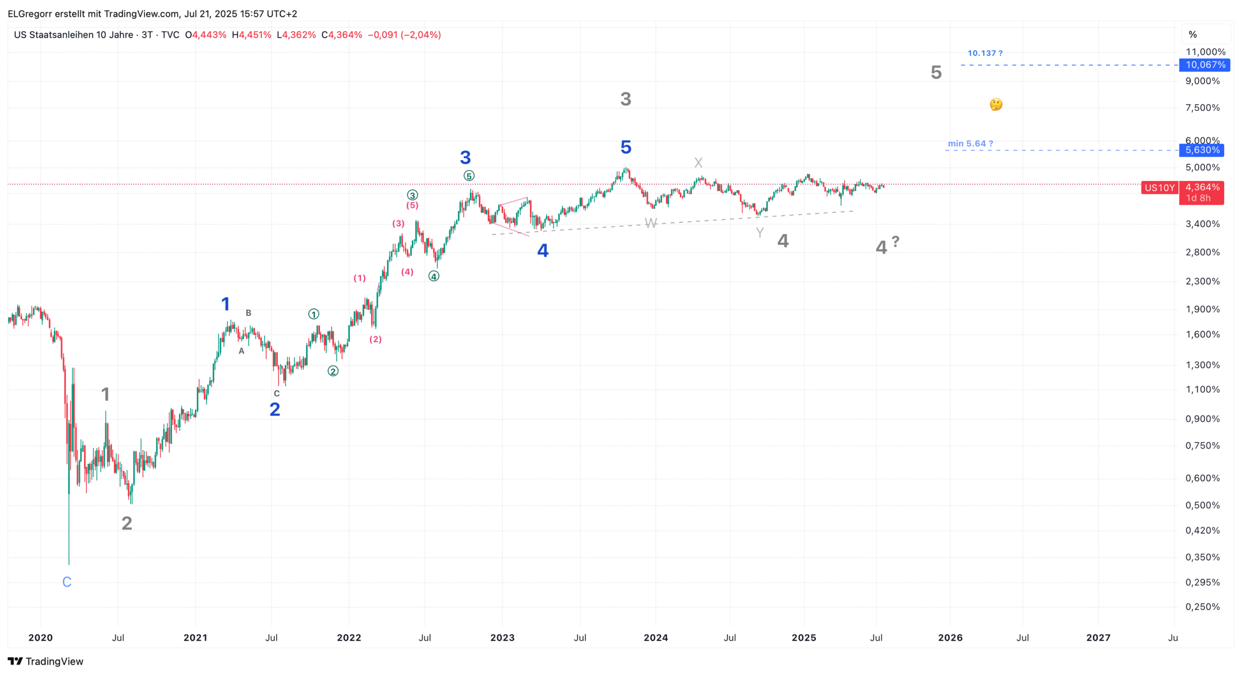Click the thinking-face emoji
click(996, 104)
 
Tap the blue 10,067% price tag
click(1205, 65)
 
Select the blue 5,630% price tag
click(1202, 150)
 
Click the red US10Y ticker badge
click(1160, 188)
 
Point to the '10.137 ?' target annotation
click(985, 53)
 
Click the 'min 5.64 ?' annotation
click(970, 144)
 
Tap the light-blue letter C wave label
click(67, 582)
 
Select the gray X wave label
click(698, 163)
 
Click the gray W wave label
click(650, 224)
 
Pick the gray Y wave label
click(760, 233)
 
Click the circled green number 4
click(434, 276)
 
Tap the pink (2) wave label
click(375, 339)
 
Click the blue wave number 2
click(275, 410)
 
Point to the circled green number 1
click(313, 314)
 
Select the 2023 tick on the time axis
click(502, 638)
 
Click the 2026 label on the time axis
click(950, 638)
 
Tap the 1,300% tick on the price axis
click(1202, 365)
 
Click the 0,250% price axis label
click(1202, 607)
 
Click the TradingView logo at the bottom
click(46, 662)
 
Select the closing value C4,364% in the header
click(342, 35)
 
